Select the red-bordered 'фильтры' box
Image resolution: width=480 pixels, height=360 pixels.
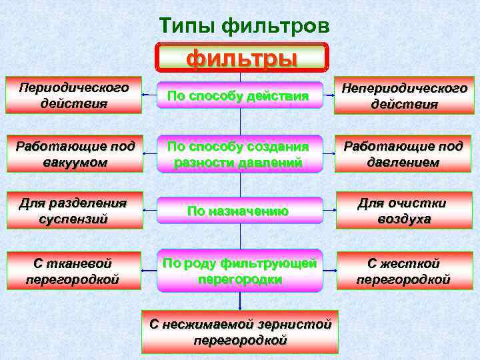point(241,58)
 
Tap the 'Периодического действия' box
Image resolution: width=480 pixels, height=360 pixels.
point(74,96)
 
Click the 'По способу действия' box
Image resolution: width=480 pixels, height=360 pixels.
point(239,97)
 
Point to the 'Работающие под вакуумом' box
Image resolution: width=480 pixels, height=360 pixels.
point(74,154)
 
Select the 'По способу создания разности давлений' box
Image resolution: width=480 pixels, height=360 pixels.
point(239,154)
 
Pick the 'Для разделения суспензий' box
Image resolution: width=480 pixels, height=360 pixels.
point(74,211)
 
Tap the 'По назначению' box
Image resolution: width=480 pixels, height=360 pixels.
point(239,211)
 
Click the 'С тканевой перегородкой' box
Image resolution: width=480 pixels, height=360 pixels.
point(74,271)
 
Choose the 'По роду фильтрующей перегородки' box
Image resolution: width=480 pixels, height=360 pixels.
point(239,271)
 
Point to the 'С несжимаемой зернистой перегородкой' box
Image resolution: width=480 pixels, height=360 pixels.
point(240,331)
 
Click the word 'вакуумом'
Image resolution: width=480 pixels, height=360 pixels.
point(73,163)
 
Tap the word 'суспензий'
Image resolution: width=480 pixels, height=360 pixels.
point(73,219)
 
